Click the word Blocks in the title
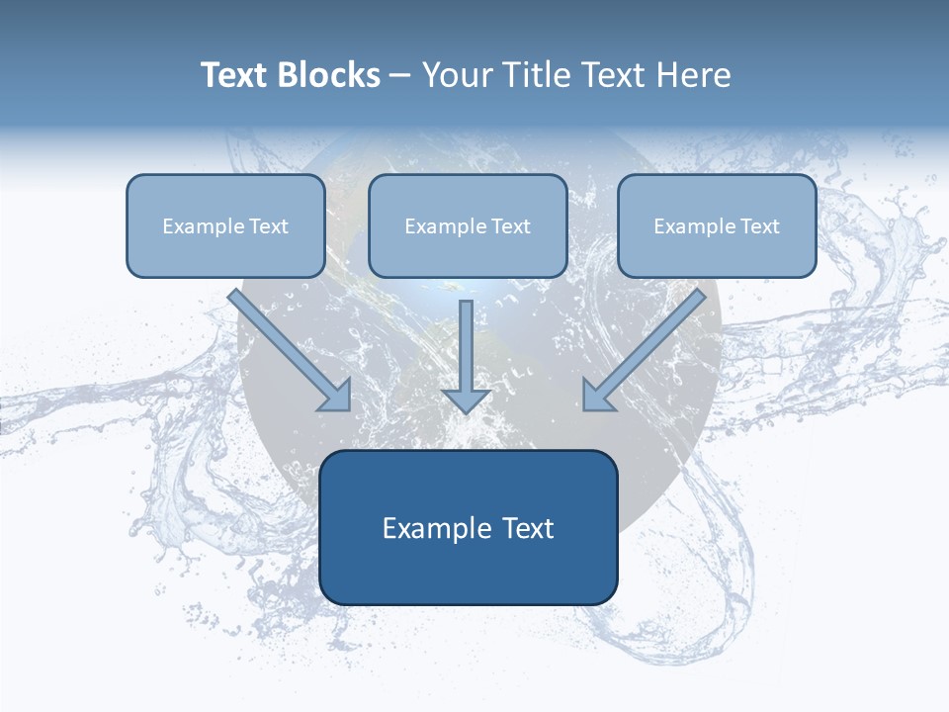330,75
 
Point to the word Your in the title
455,75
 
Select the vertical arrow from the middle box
466,346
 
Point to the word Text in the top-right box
759,226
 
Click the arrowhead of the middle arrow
466,400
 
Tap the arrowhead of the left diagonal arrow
337,397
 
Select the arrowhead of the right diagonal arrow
597,397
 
